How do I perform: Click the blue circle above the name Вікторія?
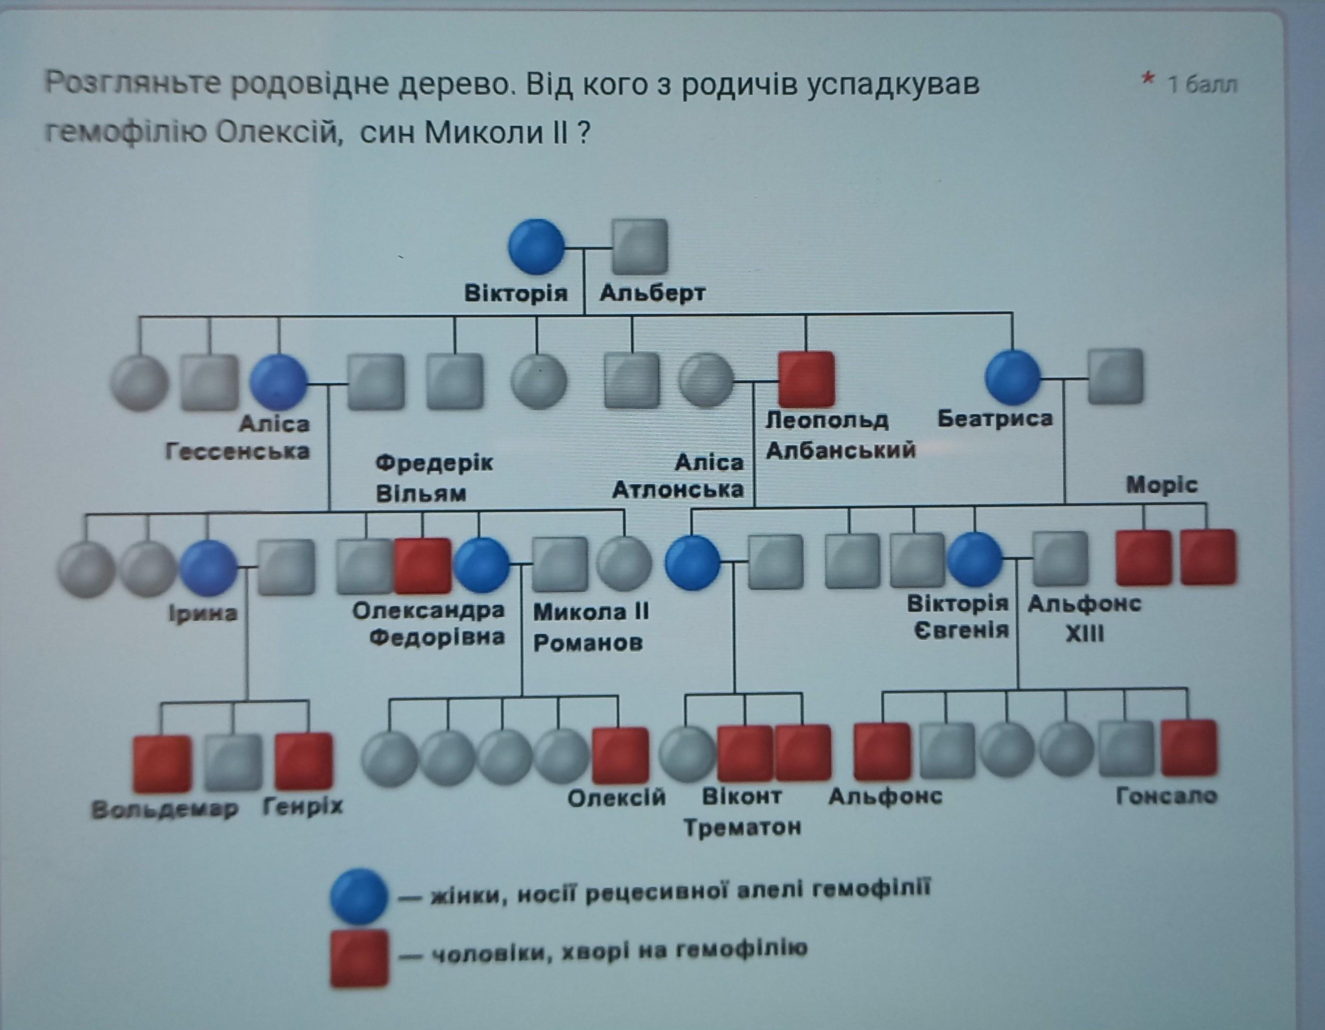[x=536, y=247]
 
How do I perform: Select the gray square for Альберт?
[x=640, y=247]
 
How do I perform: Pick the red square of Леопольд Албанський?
[x=806, y=379]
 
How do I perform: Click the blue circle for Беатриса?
[x=1012, y=377]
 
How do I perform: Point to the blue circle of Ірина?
[x=208, y=567]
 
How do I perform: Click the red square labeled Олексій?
[x=620, y=755]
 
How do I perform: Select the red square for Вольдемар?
[x=161, y=763]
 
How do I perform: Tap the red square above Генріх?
[x=304, y=761]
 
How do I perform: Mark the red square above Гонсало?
[x=1189, y=748]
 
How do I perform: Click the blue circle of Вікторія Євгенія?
[x=975, y=559]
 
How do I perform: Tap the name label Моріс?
[x=1161, y=485]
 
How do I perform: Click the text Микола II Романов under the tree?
[x=590, y=627]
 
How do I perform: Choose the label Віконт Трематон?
[x=742, y=811]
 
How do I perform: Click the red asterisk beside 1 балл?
[x=1147, y=79]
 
